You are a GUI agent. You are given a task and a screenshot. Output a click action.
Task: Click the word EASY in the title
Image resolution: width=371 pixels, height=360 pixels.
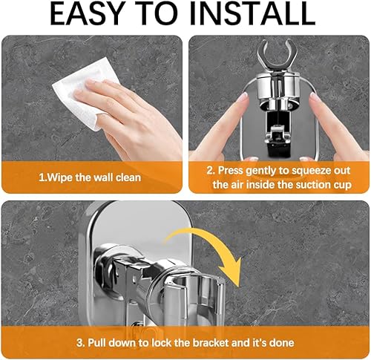[87, 13]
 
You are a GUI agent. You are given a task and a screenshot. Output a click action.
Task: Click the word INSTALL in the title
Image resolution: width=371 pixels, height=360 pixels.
[252, 13]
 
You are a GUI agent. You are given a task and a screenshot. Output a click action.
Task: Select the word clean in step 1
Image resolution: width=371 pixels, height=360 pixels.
[128, 177]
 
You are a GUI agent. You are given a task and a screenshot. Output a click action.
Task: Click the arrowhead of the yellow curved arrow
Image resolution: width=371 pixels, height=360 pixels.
[232, 272]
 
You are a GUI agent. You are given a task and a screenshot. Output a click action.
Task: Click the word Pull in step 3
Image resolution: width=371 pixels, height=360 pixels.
[96, 343]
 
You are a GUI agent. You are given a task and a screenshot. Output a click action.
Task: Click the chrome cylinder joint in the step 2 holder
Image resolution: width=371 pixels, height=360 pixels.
[277, 87]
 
